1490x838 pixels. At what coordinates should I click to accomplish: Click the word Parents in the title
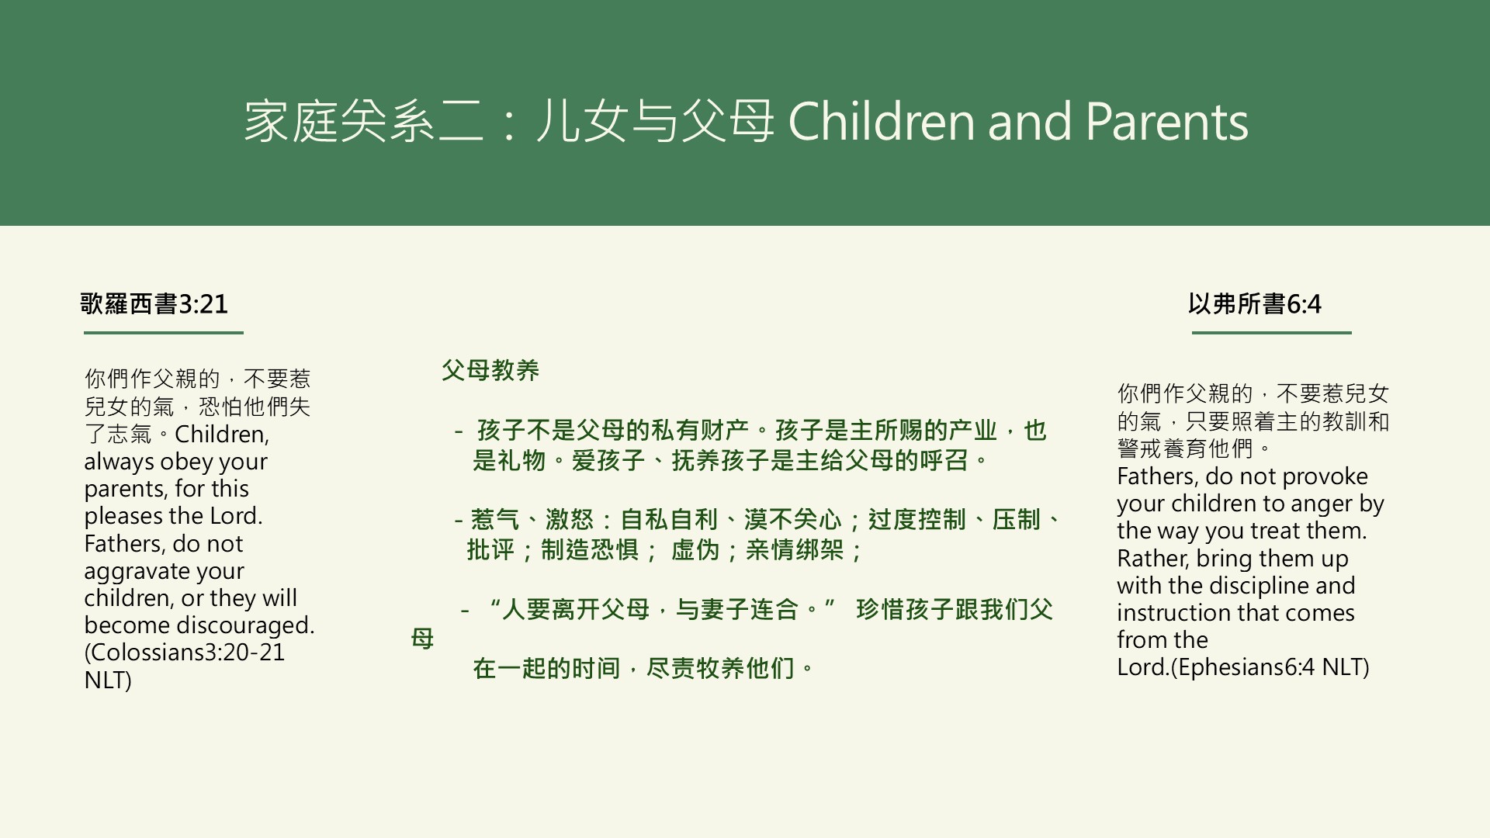click(1166, 122)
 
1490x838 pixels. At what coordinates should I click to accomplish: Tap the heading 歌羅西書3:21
click(154, 303)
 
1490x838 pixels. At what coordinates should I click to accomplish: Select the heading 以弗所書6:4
click(1254, 303)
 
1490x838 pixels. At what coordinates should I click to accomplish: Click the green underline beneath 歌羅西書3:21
click(163, 333)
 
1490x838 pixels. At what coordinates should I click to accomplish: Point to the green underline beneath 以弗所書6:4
click(1271, 333)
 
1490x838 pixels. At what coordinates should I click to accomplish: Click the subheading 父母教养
click(490, 370)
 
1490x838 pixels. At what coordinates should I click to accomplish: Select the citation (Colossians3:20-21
click(185, 653)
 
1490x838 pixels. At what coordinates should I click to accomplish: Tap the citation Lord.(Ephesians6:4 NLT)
click(1242, 667)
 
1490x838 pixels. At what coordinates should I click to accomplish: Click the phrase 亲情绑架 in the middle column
click(795, 550)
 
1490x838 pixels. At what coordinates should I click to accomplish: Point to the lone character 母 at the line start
click(422, 639)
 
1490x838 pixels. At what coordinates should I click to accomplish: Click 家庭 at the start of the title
click(291, 122)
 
